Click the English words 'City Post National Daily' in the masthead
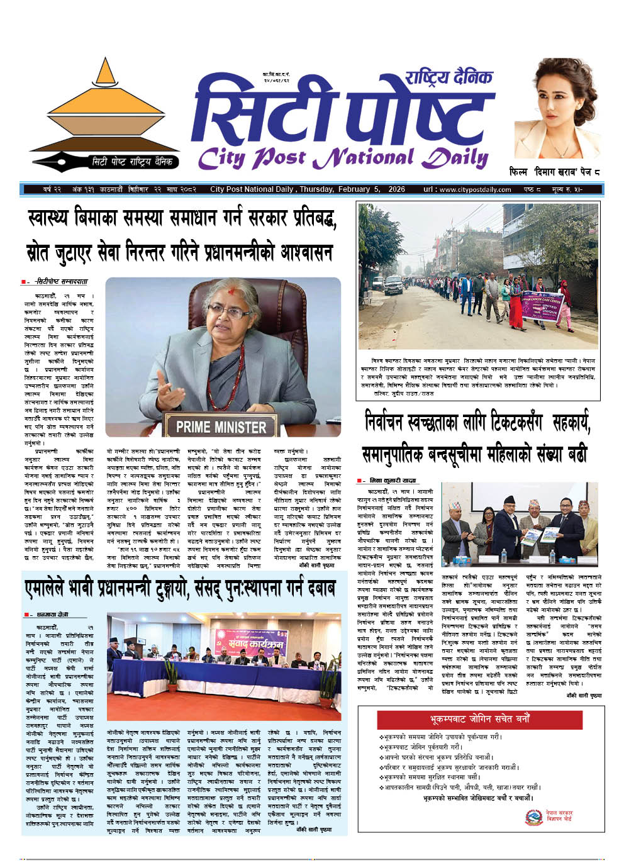343,157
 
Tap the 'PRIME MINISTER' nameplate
221,427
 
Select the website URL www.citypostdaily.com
476,189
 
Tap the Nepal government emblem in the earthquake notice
534,816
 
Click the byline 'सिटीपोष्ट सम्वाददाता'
61,282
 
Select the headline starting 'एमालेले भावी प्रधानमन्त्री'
179,589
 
